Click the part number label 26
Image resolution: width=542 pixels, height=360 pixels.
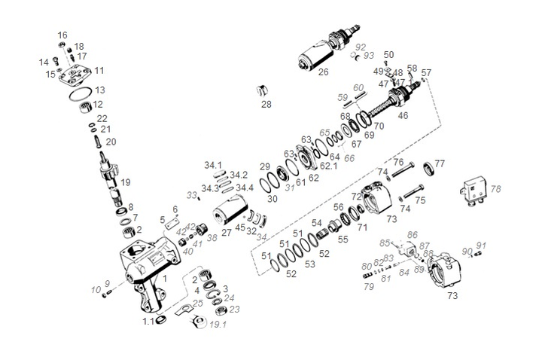click(323, 73)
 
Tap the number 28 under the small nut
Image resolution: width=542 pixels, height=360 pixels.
click(266, 104)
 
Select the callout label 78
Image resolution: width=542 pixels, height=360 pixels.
click(495, 190)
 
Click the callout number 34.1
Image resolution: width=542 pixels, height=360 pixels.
click(213, 165)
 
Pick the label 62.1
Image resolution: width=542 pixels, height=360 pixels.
click(329, 166)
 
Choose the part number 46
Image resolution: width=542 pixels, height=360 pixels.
click(403, 116)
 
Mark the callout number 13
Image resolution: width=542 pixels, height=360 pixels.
click(99, 90)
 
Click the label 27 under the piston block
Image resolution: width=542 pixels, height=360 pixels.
click(226, 233)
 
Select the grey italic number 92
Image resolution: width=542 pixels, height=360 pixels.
click(360, 47)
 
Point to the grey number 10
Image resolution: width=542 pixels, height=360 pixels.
click(96, 289)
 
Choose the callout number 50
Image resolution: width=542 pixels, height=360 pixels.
click(388, 55)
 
